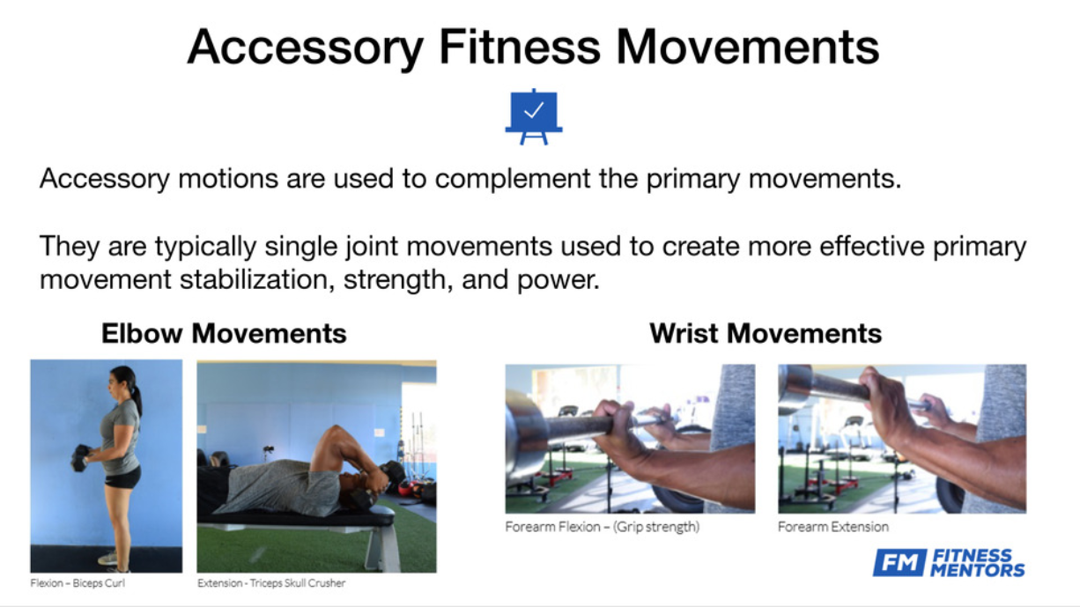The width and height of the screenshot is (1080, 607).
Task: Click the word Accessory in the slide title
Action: pos(305,47)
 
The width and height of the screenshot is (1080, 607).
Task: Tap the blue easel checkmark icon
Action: pos(534,116)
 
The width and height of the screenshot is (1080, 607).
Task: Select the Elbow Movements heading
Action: pos(224,333)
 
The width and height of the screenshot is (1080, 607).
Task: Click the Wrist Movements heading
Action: pos(766,333)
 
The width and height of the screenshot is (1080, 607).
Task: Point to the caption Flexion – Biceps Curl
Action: pos(78,583)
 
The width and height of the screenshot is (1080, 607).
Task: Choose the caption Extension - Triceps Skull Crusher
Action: pos(271,583)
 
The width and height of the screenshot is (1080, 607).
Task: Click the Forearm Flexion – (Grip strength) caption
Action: pos(603,527)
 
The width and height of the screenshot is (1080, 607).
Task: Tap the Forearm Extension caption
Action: pos(833,527)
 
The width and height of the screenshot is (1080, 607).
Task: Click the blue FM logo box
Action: pos(899,562)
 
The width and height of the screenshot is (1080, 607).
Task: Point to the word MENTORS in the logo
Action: pos(978,570)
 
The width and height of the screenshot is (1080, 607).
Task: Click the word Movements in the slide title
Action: pos(748,47)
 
